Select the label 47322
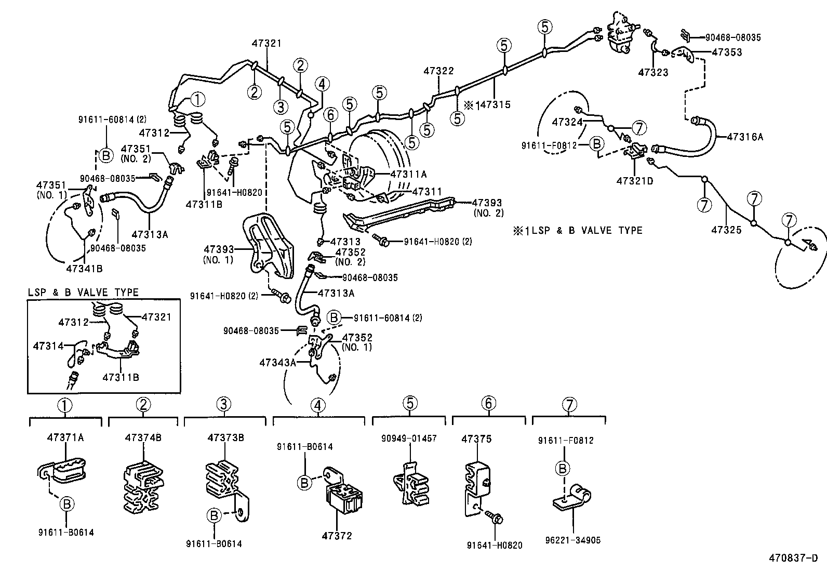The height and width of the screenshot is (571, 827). tap(438, 71)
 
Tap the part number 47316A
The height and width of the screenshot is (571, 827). tap(745, 137)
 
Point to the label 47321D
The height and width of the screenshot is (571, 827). tap(634, 181)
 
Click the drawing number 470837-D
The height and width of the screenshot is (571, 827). tap(793, 559)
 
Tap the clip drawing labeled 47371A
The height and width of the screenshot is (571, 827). tap(63, 469)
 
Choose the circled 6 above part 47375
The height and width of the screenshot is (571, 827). tap(488, 403)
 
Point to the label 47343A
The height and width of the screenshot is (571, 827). tap(277, 363)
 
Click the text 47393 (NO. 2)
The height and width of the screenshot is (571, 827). tap(488, 207)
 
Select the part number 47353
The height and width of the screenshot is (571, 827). tap(727, 52)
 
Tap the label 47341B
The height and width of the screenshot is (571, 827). tap(84, 269)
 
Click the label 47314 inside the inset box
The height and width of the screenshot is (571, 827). tap(48, 346)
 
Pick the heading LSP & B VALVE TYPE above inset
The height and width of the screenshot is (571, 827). tap(83, 293)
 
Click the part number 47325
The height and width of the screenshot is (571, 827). tap(726, 229)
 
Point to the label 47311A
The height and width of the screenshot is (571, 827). tap(408, 175)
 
